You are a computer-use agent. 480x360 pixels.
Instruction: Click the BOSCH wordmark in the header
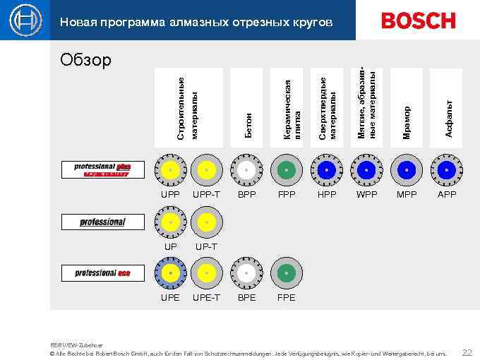pos(418,20)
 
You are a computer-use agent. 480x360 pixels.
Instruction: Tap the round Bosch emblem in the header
pos(26,20)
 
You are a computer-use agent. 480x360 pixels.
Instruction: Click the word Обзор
pos(85,60)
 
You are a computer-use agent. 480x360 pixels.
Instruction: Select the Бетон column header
pos(248,107)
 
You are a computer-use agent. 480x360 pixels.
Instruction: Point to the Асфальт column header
pos(447,107)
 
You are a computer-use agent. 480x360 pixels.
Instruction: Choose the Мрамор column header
pos(407,107)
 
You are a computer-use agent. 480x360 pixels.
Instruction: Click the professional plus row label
pos(102,169)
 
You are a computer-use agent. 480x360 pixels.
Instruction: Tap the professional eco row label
pos(102,272)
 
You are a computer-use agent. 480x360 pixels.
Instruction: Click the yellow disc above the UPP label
pos(170,170)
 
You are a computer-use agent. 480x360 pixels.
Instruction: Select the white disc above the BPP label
pos(246,170)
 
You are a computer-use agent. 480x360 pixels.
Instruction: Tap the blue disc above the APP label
pos(447,170)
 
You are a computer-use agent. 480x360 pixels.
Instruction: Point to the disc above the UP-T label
pos(206,222)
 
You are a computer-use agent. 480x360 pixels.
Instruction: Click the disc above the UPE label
pos(170,272)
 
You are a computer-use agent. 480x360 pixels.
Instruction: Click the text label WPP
pos(367,194)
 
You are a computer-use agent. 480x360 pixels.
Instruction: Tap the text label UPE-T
pos(206,297)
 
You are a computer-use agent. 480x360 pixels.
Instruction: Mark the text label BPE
pos(246,297)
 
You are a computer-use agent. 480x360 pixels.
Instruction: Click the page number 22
pos(467,352)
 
